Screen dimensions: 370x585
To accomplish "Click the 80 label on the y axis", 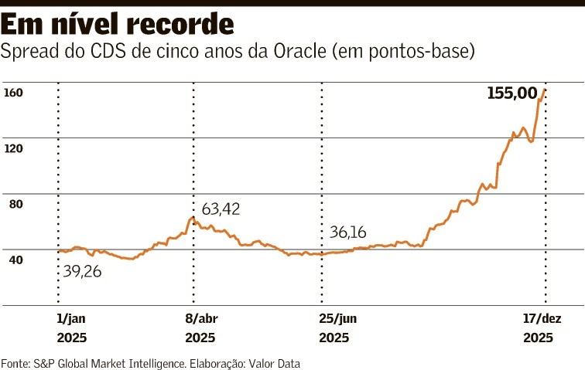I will pos(16,204).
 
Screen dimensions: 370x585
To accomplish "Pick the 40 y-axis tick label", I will pos(16,260).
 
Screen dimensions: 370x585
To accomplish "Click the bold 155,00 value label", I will pos(512,93).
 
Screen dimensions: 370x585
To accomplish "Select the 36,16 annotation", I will pos(348,232).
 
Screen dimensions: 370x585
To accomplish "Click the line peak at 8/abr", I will pos(193,217).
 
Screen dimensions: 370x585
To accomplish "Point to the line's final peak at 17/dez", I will pos(546,90).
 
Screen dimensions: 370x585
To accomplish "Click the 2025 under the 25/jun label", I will pos(334,338).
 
